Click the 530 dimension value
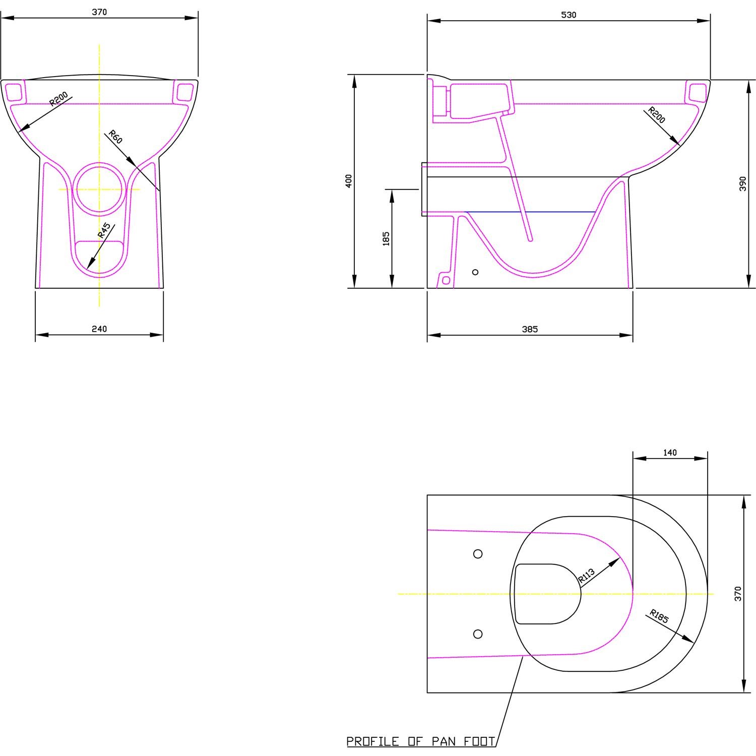click(569, 15)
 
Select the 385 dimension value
click(530, 329)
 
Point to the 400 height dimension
click(349, 181)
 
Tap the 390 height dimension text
click(743, 183)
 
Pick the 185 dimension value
click(387, 238)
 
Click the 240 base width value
click(99, 329)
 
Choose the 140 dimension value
click(670, 453)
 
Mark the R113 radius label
click(587, 576)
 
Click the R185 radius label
click(659, 616)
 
